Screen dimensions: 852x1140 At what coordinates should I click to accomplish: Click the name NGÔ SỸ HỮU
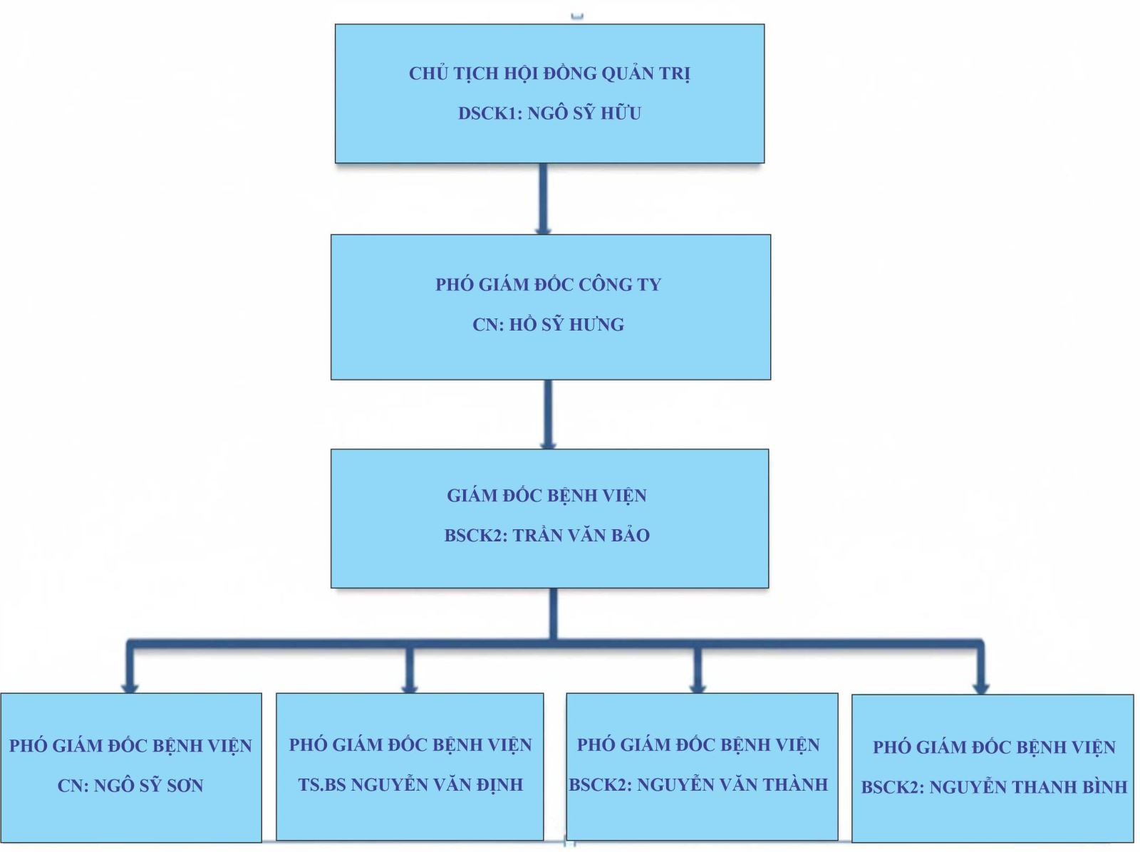click(584, 113)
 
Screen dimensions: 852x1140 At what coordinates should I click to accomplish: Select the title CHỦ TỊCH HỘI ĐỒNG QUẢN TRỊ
click(549, 73)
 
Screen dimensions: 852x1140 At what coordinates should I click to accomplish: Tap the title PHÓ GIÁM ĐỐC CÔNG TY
click(548, 285)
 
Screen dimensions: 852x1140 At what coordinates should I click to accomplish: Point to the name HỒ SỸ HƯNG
click(566, 325)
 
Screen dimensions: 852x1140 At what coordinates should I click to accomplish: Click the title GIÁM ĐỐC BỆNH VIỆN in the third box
click(546, 496)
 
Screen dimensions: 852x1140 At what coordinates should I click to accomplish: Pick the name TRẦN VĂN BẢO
click(581, 536)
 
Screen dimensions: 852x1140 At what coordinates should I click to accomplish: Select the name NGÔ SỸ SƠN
click(148, 786)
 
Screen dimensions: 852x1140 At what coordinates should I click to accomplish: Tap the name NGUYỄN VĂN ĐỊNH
click(437, 785)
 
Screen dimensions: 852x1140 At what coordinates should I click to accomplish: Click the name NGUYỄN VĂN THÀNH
click(732, 785)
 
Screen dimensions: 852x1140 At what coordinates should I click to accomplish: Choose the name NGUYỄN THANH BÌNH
click(1028, 787)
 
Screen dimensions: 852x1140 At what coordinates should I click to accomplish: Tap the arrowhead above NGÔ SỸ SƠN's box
click(129, 687)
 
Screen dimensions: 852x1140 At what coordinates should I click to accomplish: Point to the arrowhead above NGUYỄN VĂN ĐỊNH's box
click(409, 687)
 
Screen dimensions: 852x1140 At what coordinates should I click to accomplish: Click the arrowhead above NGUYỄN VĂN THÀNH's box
click(698, 687)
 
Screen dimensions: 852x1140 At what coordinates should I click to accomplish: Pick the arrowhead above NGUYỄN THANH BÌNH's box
click(981, 687)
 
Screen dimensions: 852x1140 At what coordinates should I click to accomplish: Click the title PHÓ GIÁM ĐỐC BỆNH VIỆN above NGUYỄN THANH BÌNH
click(994, 747)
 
